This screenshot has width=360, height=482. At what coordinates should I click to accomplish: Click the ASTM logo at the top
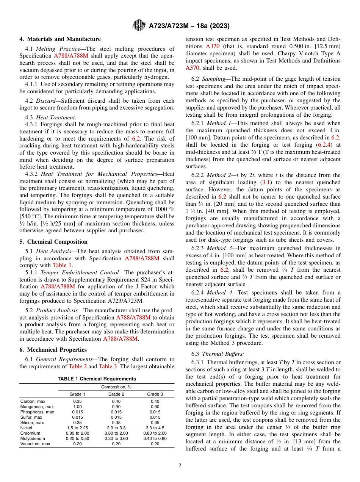pos(139,26)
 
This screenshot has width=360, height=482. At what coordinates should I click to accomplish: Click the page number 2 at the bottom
pos(180,465)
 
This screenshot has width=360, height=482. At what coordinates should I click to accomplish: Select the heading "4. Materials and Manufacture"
pos(60,39)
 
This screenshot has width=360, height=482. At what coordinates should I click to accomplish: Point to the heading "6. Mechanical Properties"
pos(53,350)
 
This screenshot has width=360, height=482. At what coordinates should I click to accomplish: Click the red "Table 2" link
pos(78,366)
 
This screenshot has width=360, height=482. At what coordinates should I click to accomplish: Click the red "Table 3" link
pos(108,366)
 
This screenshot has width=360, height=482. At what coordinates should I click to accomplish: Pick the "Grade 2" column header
pos(116,394)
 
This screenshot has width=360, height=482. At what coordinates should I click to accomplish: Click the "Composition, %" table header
pos(116,387)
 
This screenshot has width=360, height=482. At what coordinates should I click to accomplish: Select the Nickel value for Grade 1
pos(78,428)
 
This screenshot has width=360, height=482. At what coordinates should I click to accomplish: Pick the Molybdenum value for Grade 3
pos(155,438)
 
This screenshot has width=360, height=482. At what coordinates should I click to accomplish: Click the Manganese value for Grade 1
pos(78,406)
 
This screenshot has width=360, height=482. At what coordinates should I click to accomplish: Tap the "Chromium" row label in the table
pos(30,433)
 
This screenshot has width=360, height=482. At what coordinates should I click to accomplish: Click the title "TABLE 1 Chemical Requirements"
pos(97,379)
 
